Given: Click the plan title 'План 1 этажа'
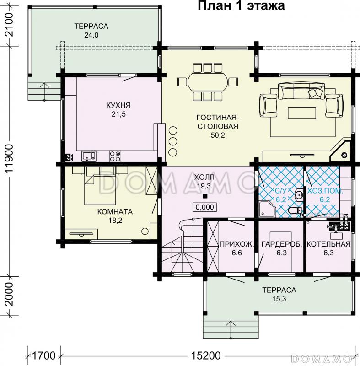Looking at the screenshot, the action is (x=241, y=6).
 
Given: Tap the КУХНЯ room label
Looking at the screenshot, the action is (x=118, y=105).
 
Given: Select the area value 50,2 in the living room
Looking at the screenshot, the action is (x=218, y=135).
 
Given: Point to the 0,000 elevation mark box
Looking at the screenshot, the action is (x=204, y=207).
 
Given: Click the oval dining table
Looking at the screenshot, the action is (x=208, y=82).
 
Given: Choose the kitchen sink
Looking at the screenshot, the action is (x=89, y=156).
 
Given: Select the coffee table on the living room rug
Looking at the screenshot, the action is (x=302, y=113).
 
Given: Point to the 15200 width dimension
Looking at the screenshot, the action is (x=205, y=356).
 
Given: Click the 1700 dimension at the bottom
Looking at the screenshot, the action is (x=43, y=356).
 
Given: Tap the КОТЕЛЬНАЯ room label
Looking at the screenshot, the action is (x=328, y=244).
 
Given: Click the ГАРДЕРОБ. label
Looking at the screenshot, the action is (x=282, y=244).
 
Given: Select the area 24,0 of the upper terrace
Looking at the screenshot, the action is (x=91, y=35).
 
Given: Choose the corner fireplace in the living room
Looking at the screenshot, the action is (x=341, y=151).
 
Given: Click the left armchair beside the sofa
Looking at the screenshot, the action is (x=269, y=105).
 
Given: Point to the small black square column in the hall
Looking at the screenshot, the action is (x=205, y=196).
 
